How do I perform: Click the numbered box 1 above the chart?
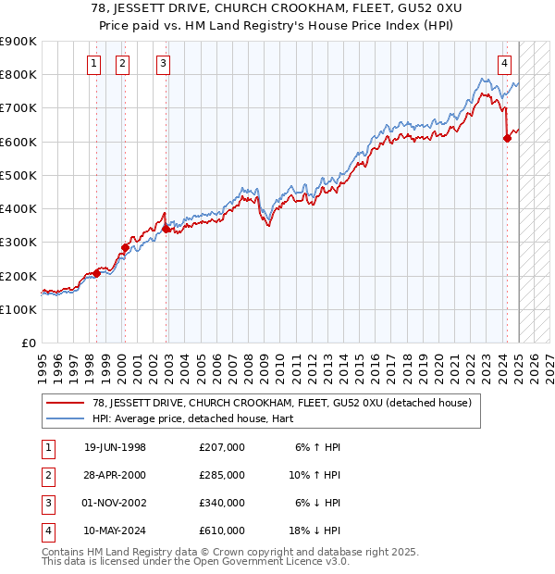coord(95,64)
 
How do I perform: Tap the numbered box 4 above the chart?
coord(504,64)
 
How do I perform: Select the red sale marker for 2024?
coord(507,139)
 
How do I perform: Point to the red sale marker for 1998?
coord(96,273)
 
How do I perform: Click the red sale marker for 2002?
coord(166,229)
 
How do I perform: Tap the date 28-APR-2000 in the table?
coord(115,475)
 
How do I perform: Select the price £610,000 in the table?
coord(222,530)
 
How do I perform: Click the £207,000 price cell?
coord(222,447)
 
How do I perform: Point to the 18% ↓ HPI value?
coord(318,530)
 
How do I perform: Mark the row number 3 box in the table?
coord(45,503)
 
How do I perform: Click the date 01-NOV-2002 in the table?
coord(116,503)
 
